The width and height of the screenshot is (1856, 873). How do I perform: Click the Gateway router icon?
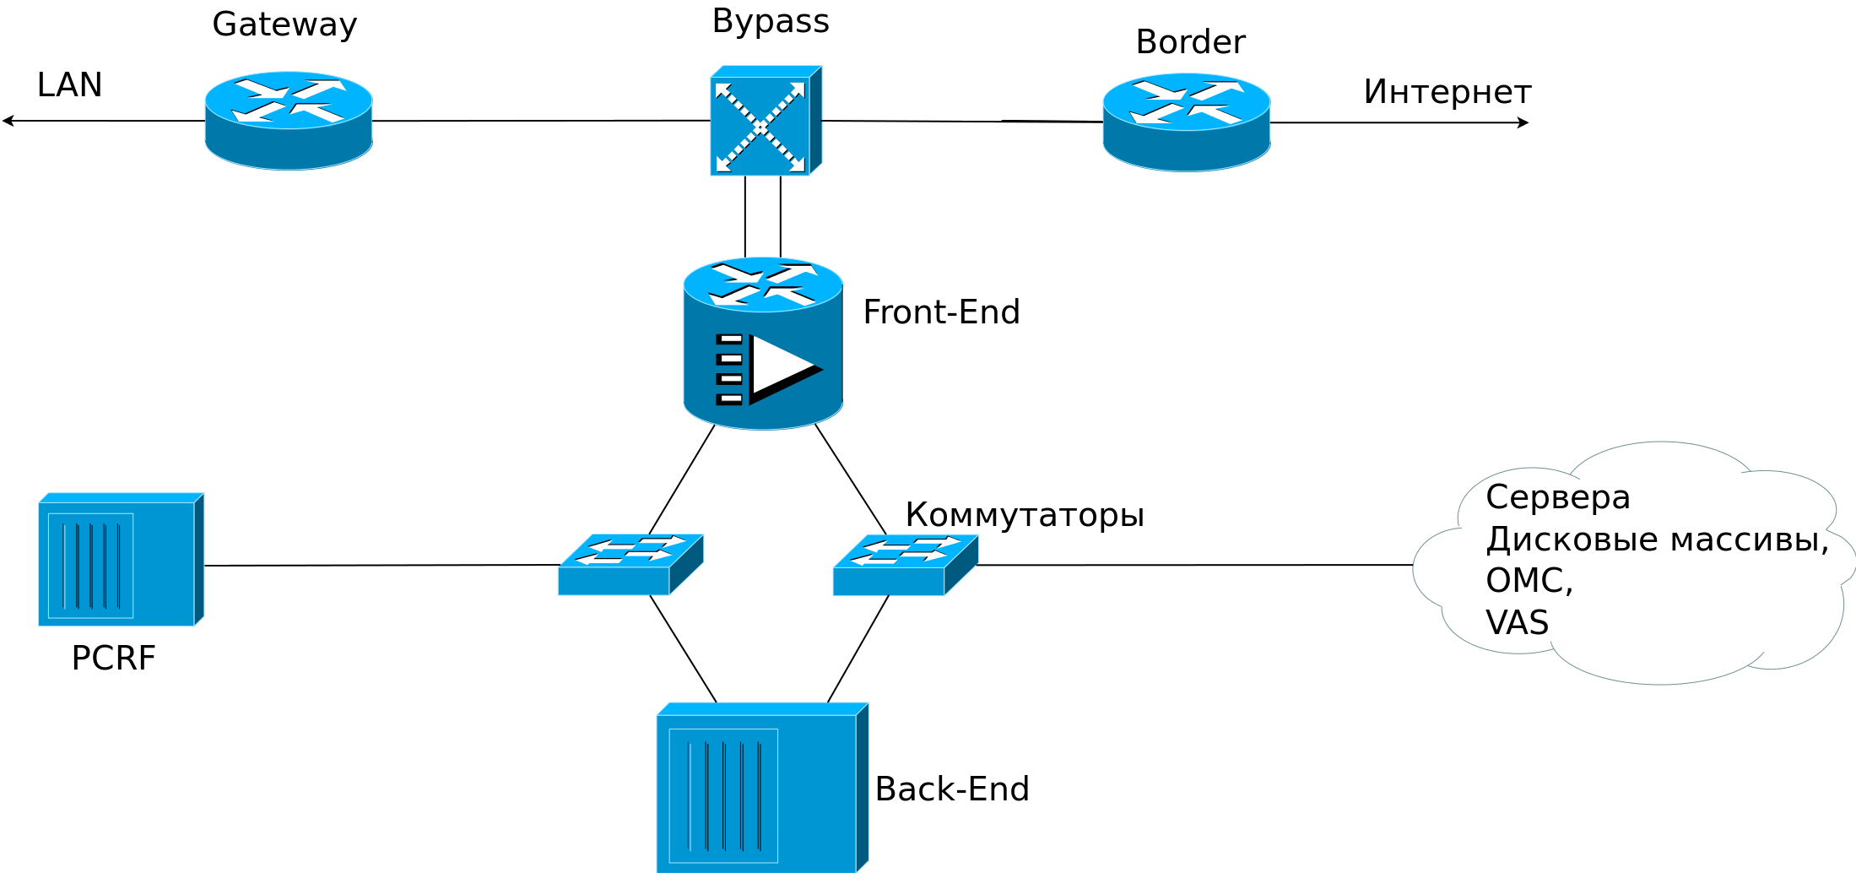click(x=289, y=121)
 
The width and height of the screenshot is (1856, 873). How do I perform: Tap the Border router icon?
click(x=1186, y=122)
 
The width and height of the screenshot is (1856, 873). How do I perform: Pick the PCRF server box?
click(x=121, y=560)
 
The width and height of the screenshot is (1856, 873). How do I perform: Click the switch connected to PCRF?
click(x=630, y=564)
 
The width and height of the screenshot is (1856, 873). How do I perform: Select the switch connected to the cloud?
click(x=905, y=564)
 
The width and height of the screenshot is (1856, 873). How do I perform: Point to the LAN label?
click(x=69, y=84)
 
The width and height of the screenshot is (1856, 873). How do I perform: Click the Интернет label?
click(x=1447, y=91)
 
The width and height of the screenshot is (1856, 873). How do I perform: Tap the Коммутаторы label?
click(x=1024, y=514)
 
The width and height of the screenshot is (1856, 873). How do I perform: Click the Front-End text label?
click(x=941, y=312)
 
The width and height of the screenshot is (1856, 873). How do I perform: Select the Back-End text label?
click(x=952, y=789)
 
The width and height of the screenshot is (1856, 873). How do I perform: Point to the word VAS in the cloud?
click(x=1517, y=622)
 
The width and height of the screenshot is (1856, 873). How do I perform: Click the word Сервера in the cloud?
click(x=1557, y=496)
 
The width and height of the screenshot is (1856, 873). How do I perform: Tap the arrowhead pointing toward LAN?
click(x=7, y=121)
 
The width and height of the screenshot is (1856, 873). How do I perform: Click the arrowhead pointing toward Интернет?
click(x=1524, y=122)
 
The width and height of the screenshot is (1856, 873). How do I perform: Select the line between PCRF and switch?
click(x=380, y=565)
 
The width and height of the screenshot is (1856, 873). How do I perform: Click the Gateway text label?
click(x=284, y=24)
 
